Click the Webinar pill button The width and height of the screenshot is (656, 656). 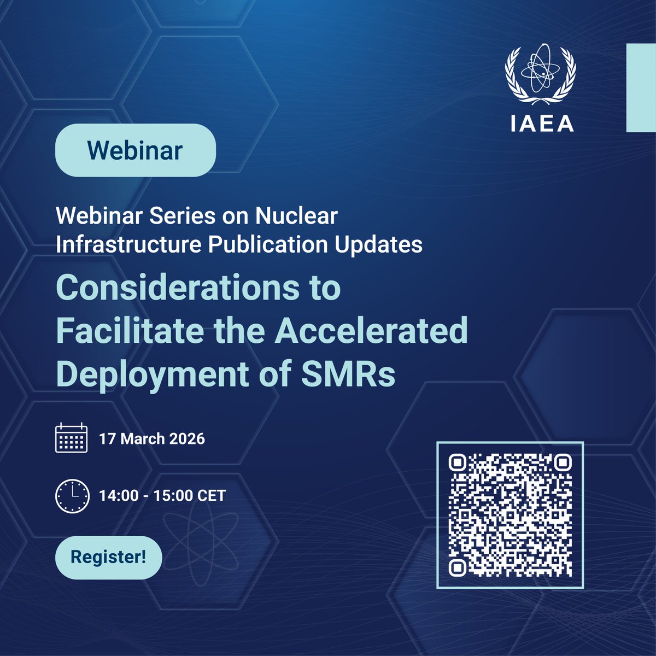tap(135, 150)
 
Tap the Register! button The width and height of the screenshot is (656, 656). tap(108, 558)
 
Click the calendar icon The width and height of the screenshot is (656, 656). tap(71, 438)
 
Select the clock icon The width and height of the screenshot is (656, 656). tap(71, 496)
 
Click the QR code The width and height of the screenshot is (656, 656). tap(510, 515)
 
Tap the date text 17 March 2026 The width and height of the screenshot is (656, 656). tap(152, 438)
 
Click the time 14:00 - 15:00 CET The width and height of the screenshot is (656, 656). tap(162, 496)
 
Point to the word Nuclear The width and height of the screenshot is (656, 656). tap(296, 216)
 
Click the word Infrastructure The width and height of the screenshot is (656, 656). tap(128, 244)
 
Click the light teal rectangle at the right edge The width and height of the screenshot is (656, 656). tap(641, 87)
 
